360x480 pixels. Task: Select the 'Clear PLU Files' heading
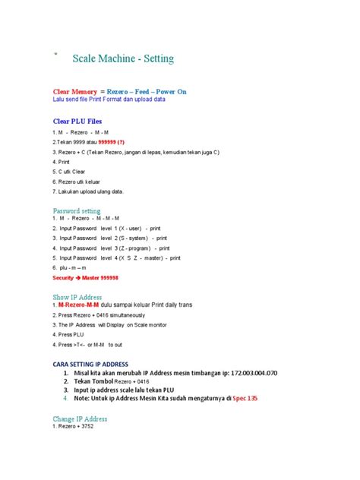click(x=77, y=121)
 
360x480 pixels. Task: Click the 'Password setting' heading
click(x=76, y=210)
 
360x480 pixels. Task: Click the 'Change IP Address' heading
click(x=80, y=418)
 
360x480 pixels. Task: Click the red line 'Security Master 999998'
click(x=85, y=278)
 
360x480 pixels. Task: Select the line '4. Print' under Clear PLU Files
click(x=61, y=162)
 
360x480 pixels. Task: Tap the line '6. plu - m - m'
click(x=69, y=268)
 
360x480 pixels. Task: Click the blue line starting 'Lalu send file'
click(x=108, y=99)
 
